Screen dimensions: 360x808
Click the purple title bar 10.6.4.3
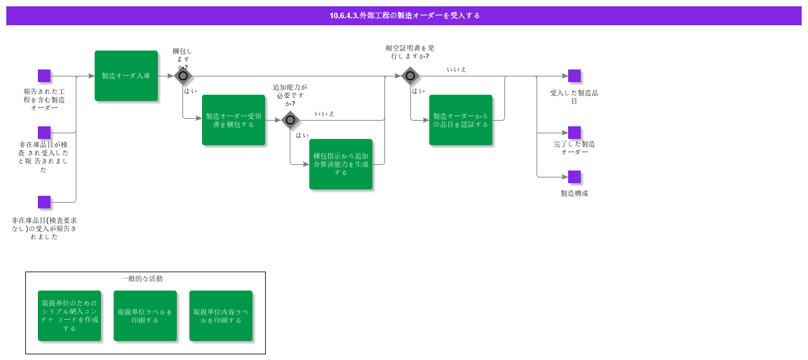[404, 16]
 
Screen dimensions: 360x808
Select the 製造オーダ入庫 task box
[126, 76]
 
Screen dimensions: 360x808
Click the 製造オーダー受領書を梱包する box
[234, 120]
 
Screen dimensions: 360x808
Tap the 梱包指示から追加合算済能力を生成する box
[341, 164]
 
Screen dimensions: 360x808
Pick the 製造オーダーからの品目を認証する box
[461, 120]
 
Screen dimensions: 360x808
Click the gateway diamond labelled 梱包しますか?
[183, 76]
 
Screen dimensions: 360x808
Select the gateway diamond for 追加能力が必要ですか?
[290, 120]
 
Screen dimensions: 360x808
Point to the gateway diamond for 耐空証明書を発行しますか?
[410, 76]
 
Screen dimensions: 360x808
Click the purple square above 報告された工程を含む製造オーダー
[44, 76]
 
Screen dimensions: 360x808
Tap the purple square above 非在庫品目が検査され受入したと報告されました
[44, 133]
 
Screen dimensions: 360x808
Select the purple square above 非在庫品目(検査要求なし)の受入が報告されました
[44, 202]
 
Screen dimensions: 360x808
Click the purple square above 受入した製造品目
[574, 76]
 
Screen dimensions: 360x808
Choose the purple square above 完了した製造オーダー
[574, 133]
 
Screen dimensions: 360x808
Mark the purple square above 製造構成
[574, 177]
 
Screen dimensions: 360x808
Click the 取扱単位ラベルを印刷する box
[145, 316]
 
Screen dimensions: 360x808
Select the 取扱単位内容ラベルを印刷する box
[221, 316]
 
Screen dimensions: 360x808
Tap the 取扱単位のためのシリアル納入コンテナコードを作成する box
[69, 316]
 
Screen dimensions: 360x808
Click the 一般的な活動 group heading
[142, 279]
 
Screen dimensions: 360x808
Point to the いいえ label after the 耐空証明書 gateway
[456, 69]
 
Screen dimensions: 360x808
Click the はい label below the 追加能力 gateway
[302, 135]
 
